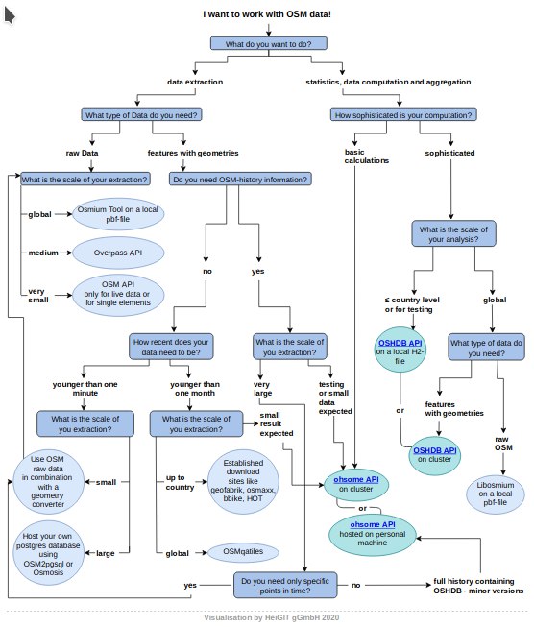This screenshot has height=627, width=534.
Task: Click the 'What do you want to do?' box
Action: tap(268, 43)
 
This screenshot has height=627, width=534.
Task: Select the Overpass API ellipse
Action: tap(118, 253)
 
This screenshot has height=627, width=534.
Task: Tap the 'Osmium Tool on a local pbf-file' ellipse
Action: tap(118, 214)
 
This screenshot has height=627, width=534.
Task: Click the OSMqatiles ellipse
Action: tap(243, 551)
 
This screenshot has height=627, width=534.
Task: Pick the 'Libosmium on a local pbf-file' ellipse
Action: tap(496, 494)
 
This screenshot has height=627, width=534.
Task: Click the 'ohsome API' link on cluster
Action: tap(356, 479)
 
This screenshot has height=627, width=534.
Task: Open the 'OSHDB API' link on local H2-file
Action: tap(400, 343)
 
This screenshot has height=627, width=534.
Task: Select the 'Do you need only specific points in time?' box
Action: tap(285, 586)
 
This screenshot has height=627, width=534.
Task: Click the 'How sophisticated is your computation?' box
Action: tap(403, 115)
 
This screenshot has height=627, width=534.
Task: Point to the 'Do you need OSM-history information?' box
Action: tap(240, 180)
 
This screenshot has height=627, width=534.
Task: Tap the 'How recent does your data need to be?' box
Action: tap(171, 347)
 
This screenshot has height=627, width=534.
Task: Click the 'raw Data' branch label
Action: tap(82, 153)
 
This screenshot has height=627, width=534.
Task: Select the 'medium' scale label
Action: tap(43, 253)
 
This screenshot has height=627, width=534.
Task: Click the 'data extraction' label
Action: tap(195, 82)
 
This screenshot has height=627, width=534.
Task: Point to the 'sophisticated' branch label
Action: tap(450, 153)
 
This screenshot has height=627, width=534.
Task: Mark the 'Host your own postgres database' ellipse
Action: tap(48, 554)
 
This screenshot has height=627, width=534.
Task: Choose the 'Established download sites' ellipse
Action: tap(243, 481)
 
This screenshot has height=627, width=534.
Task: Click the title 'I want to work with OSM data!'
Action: tap(267, 14)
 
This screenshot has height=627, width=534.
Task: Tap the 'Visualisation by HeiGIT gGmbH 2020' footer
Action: tap(272, 617)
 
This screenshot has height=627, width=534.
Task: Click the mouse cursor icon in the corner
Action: tap(9, 16)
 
